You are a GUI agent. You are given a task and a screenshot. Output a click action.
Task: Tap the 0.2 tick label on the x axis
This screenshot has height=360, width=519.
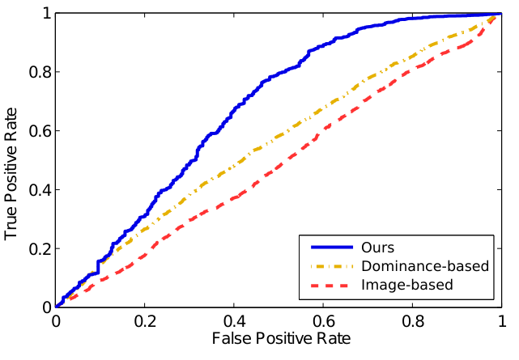pyautogui.click(x=144, y=322)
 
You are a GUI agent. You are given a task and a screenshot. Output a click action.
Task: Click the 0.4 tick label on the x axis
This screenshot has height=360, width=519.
pyautogui.click(x=233, y=322)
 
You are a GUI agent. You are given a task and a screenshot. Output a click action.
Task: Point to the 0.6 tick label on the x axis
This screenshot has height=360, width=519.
pyautogui.click(x=323, y=322)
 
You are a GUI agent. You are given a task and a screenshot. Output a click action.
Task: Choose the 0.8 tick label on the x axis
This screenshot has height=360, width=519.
pyautogui.click(x=412, y=322)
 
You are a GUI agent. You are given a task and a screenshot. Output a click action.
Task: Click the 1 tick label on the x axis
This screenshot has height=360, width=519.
pyautogui.click(x=501, y=322)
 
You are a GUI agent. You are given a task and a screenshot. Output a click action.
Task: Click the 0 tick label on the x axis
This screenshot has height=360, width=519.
pyautogui.click(x=55, y=322)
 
